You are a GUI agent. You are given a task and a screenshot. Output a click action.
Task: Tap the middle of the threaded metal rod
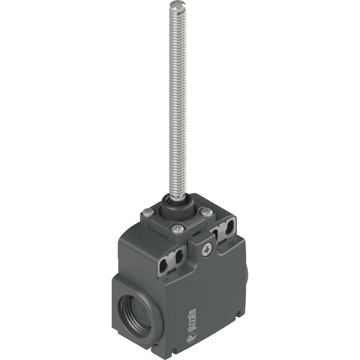point(176,102)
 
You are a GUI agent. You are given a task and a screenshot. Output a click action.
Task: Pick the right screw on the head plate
point(206,212)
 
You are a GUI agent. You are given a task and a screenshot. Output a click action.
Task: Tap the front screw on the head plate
point(177,229)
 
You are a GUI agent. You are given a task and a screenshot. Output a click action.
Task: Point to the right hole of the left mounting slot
point(178,257)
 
